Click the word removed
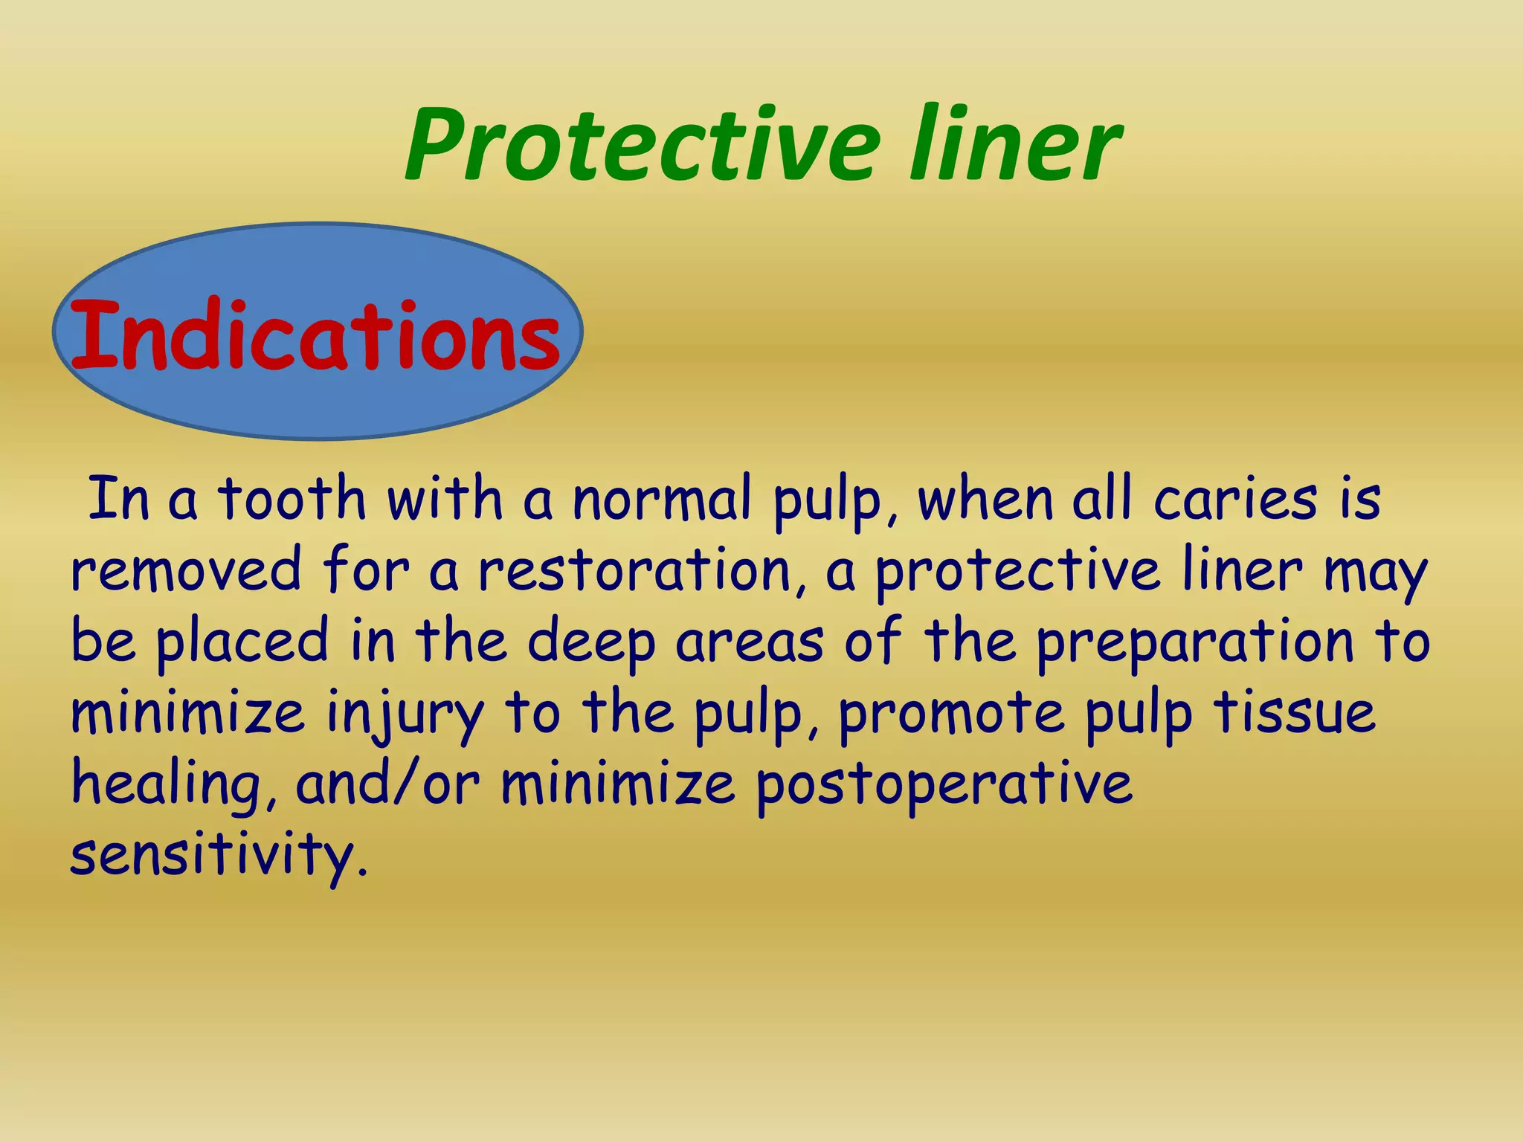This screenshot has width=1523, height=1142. pos(186,570)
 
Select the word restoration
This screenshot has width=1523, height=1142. pos(634,570)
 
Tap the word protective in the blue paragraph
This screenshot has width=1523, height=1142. pos(1017,570)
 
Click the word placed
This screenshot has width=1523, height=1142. pos(242,642)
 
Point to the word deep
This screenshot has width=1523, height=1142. pos(592,642)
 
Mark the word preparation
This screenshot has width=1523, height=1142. pos(1195,642)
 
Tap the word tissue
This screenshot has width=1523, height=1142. pos(1295,712)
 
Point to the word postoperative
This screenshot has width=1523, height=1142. pos(944,784)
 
